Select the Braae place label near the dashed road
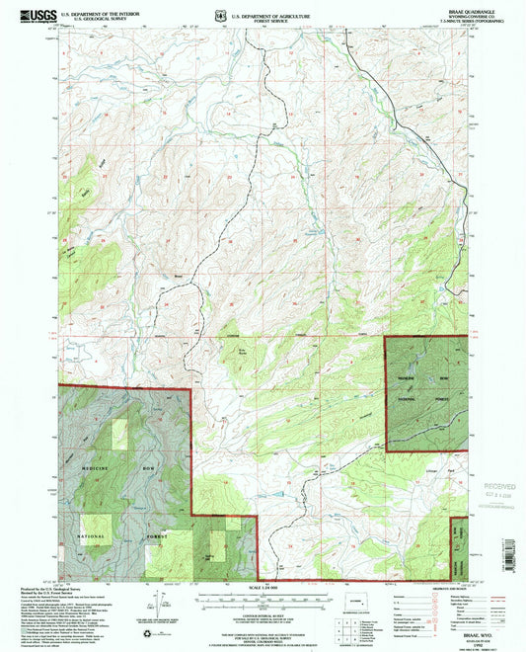[x=179, y=275]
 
